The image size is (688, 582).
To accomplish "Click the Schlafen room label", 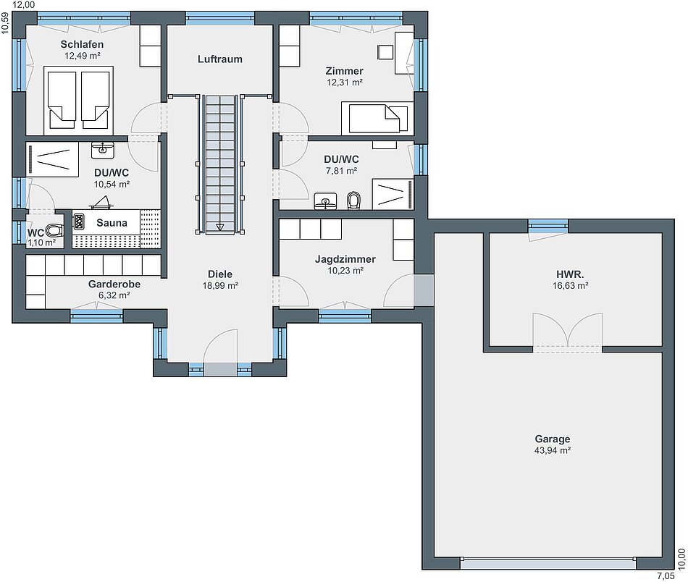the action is [82, 44].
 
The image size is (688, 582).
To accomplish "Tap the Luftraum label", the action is [220, 59].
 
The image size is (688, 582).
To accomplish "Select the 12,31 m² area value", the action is [345, 82].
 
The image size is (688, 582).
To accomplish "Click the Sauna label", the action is [112, 223].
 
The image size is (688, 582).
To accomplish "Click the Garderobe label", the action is [114, 284].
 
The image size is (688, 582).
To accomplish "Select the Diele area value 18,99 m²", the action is [220, 285].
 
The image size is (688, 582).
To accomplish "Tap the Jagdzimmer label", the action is [345, 259].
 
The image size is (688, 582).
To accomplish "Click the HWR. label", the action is [570, 274].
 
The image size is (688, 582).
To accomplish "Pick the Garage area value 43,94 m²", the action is [553, 450].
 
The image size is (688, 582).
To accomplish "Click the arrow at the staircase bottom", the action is [219, 227].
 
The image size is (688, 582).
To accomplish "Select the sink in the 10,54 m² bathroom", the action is [103, 150].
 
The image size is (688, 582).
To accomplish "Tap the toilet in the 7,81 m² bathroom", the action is [353, 201].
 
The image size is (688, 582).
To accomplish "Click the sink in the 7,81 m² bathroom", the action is [325, 201].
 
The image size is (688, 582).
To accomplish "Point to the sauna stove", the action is [78, 222].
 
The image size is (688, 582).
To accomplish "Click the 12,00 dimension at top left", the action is [24, 5].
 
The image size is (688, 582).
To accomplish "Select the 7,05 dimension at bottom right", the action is [666, 576].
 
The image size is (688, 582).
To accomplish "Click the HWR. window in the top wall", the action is [548, 225].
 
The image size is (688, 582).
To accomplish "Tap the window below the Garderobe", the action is [96, 316].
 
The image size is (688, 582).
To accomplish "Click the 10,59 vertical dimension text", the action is [5, 23].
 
